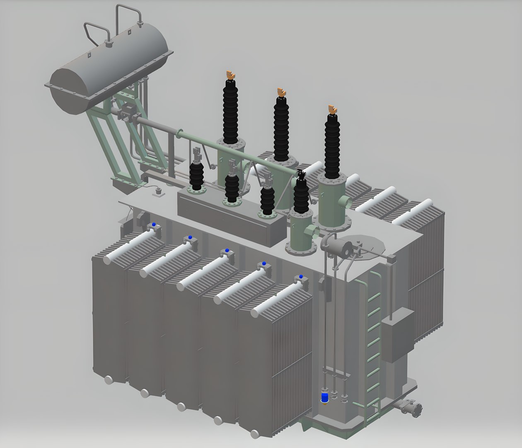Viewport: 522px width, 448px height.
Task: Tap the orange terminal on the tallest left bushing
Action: (x=230, y=75)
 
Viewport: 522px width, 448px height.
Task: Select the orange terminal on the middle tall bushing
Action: (x=281, y=92)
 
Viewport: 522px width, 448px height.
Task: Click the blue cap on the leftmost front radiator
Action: (x=154, y=224)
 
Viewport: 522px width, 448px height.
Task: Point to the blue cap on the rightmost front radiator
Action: (x=300, y=277)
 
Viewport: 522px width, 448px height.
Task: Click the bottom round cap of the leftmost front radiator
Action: (x=109, y=379)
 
